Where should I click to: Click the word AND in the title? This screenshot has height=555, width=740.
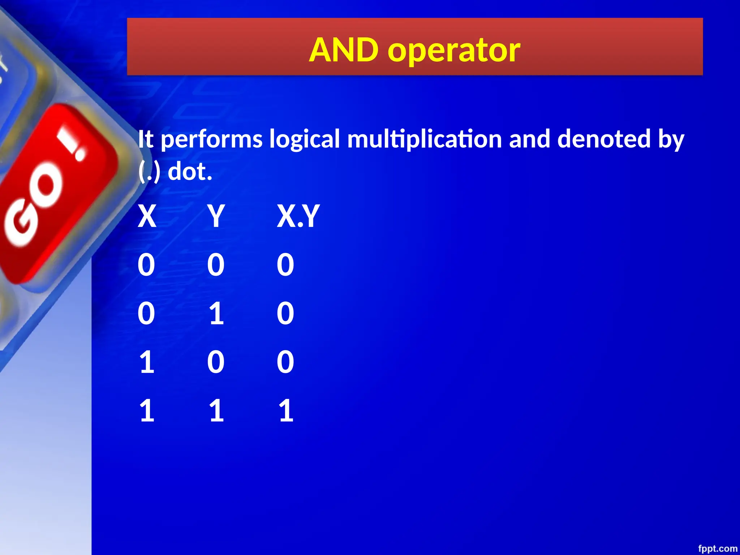(344, 50)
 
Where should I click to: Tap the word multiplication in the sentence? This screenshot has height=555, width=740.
(424, 139)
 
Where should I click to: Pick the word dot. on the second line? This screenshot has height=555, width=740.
(190, 172)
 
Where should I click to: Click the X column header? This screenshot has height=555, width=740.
(147, 216)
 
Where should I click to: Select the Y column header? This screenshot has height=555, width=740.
(216, 216)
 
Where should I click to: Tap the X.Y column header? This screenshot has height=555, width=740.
(298, 216)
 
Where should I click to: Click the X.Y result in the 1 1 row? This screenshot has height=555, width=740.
(286, 410)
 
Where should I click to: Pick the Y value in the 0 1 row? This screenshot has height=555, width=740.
(216, 313)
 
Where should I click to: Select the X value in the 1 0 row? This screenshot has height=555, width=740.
(147, 362)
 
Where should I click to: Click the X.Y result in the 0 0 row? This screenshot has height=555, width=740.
(285, 265)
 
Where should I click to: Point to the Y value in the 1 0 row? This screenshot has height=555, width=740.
(216, 362)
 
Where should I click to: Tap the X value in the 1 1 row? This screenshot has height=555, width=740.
(147, 410)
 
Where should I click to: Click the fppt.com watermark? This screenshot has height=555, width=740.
(717, 548)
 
